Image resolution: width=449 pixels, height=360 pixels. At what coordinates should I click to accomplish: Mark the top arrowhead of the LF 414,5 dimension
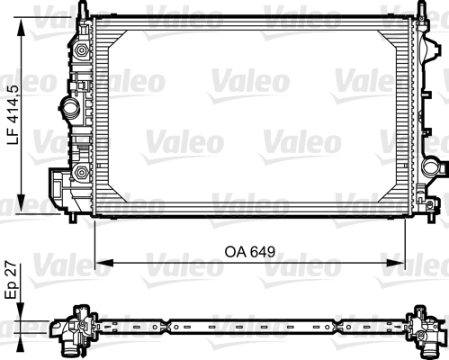(x=22, y=22)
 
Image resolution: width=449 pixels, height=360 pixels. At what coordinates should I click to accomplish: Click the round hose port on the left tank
(x=71, y=111)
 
